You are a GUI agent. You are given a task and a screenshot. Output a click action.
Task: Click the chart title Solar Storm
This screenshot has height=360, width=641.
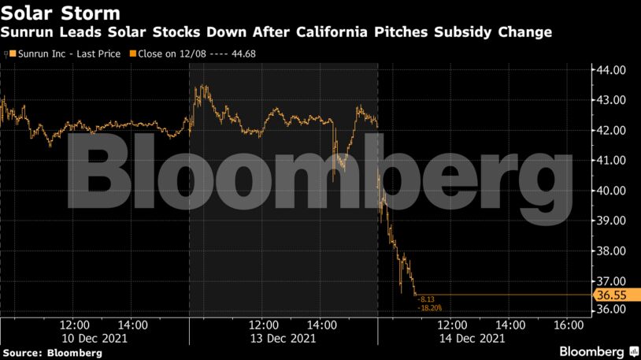click(61, 13)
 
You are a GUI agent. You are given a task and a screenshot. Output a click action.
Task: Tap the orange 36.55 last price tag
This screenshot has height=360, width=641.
click(610, 295)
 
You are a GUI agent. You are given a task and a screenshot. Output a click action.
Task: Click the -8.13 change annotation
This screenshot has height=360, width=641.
click(427, 299)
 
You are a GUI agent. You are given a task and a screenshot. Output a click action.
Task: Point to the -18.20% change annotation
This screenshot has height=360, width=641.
click(430, 308)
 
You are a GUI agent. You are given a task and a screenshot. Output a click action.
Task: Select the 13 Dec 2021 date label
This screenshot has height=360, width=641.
click(283, 338)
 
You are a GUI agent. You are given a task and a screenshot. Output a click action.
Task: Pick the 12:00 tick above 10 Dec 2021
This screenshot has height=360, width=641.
click(75, 324)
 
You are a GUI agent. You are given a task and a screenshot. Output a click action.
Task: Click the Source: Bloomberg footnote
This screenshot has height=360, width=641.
click(52, 353)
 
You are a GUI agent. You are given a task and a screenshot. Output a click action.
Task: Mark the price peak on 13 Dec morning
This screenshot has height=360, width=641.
click(203, 86)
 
